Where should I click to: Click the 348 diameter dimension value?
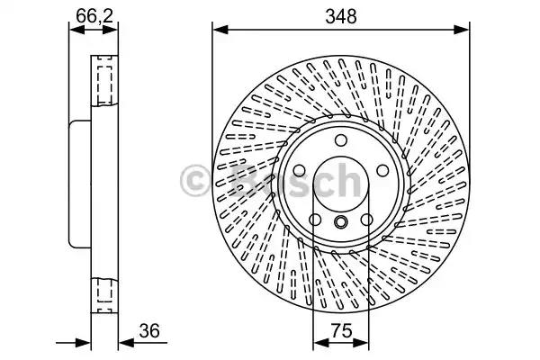tap(341, 16)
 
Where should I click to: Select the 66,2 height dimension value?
tap(94, 15)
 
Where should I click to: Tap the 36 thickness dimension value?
tap(149, 330)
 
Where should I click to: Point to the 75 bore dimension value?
tap(342, 330)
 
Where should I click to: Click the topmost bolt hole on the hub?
tap(341, 140)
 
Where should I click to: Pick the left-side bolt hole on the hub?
tap(299, 170)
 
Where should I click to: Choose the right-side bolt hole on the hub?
tap(382, 170)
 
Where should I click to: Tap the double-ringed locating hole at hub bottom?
tap(341, 221)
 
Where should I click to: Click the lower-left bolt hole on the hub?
tap(315, 220)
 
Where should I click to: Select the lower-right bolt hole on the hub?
tap(367, 220)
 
